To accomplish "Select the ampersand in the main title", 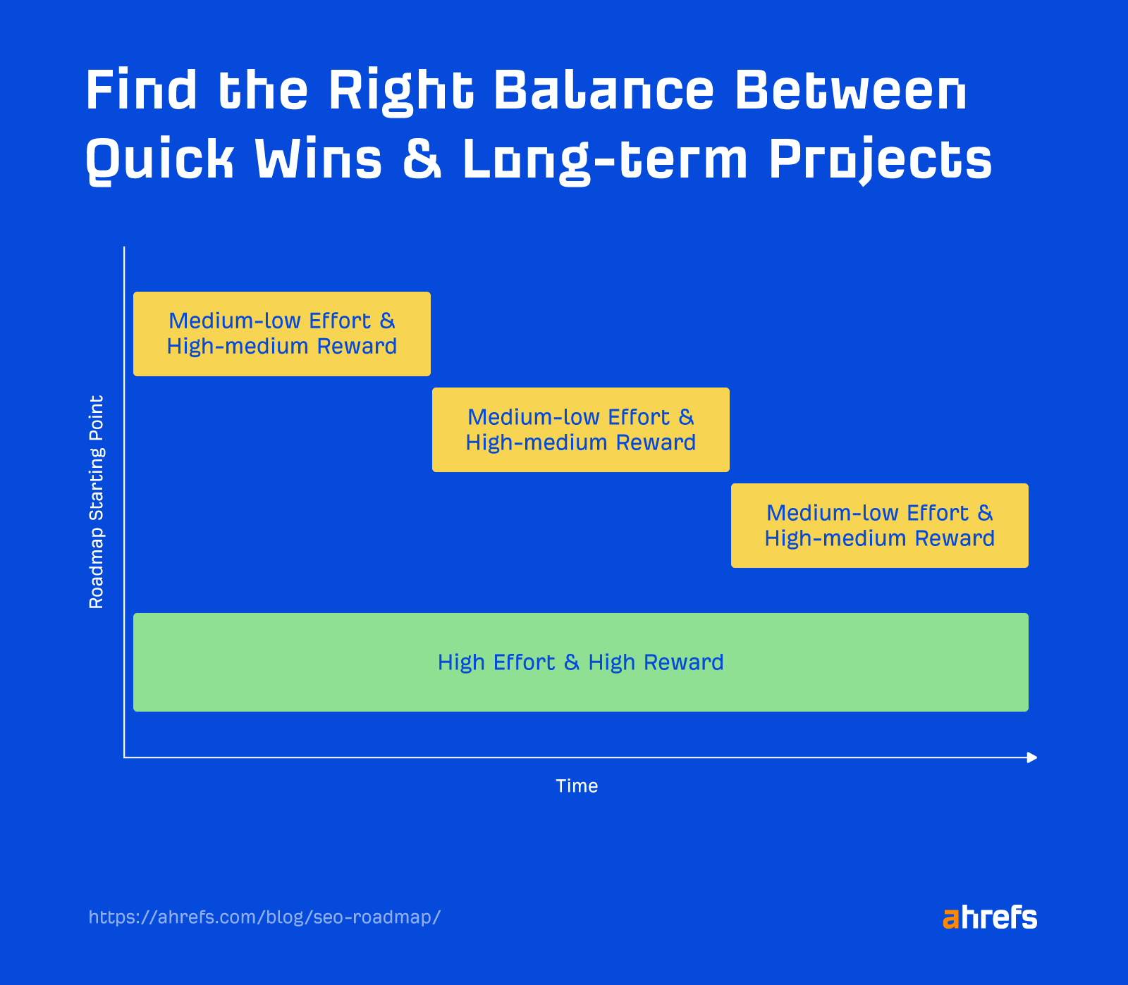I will (x=422, y=159).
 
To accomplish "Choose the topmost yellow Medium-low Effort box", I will (x=282, y=334).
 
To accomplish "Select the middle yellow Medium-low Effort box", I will (x=580, y=430).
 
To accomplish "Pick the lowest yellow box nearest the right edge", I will (x=879, y=526).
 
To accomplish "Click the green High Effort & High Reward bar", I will (x=580, y=662).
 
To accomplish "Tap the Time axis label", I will (x=577, y=786).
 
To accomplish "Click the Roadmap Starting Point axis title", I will (x=97, y=502).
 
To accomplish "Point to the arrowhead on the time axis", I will (x=1032, y=757).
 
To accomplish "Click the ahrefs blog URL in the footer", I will (x=264, y=917).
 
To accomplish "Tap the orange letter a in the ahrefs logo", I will (x=950, y=919).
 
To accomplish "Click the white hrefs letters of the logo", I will (x=999, y=917).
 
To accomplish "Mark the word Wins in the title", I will (x=318, y=159).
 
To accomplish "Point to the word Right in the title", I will (x=400, y=92).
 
